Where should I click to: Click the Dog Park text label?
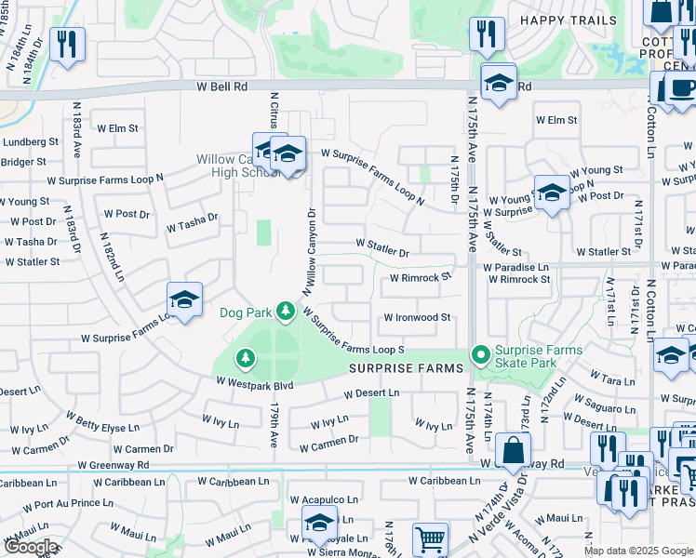coord(246,312)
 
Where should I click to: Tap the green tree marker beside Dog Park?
coord(286,312)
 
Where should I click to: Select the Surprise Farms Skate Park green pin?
coord(480,355)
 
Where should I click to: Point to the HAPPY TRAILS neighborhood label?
coord(568,20)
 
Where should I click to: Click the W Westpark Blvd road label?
coord(255,383)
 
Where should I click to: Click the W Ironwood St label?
coord(417,318)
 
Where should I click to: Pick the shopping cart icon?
coord(430,540)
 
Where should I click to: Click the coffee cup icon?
coord(682,88)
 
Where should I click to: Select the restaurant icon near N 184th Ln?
coord(67,44)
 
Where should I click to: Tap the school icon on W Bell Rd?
coord(499,83)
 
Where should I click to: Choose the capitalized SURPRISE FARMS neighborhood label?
coord(406,368)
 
